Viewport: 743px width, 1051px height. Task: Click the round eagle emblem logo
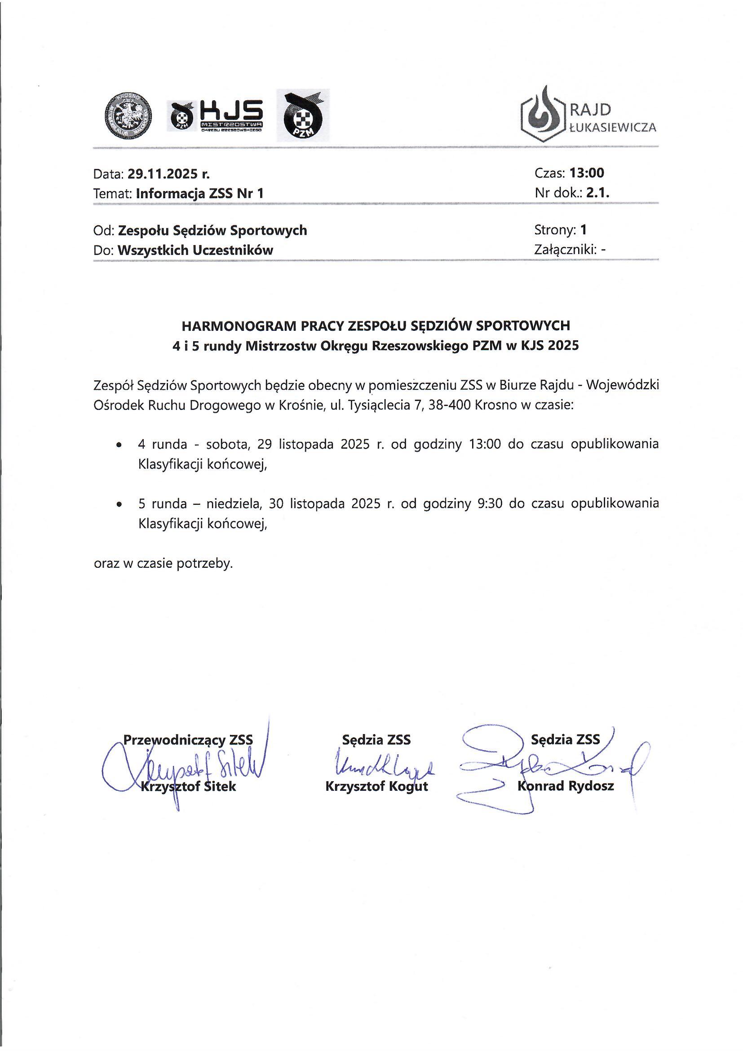click(x=128, y=116)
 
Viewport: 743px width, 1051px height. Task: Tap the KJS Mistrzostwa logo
click(x=217, y=116)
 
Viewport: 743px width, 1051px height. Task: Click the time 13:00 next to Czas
click(x=587, y=173)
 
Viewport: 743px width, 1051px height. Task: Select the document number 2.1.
click(x=598, y=193)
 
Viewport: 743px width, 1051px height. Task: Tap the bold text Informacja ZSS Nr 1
click(x=200, y=194)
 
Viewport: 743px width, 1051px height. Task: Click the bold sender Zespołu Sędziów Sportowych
click(x=212, y=230)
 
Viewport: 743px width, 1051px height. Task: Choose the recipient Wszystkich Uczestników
click(x=195, y=250)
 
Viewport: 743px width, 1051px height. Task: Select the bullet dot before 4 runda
click(x=119, y=445)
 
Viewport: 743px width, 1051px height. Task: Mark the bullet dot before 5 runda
click(x=119, y=504)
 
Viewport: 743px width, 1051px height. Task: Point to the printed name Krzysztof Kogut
click(x=376, y=786)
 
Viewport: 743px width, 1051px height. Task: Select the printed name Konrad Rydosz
click(x=566, y=786)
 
